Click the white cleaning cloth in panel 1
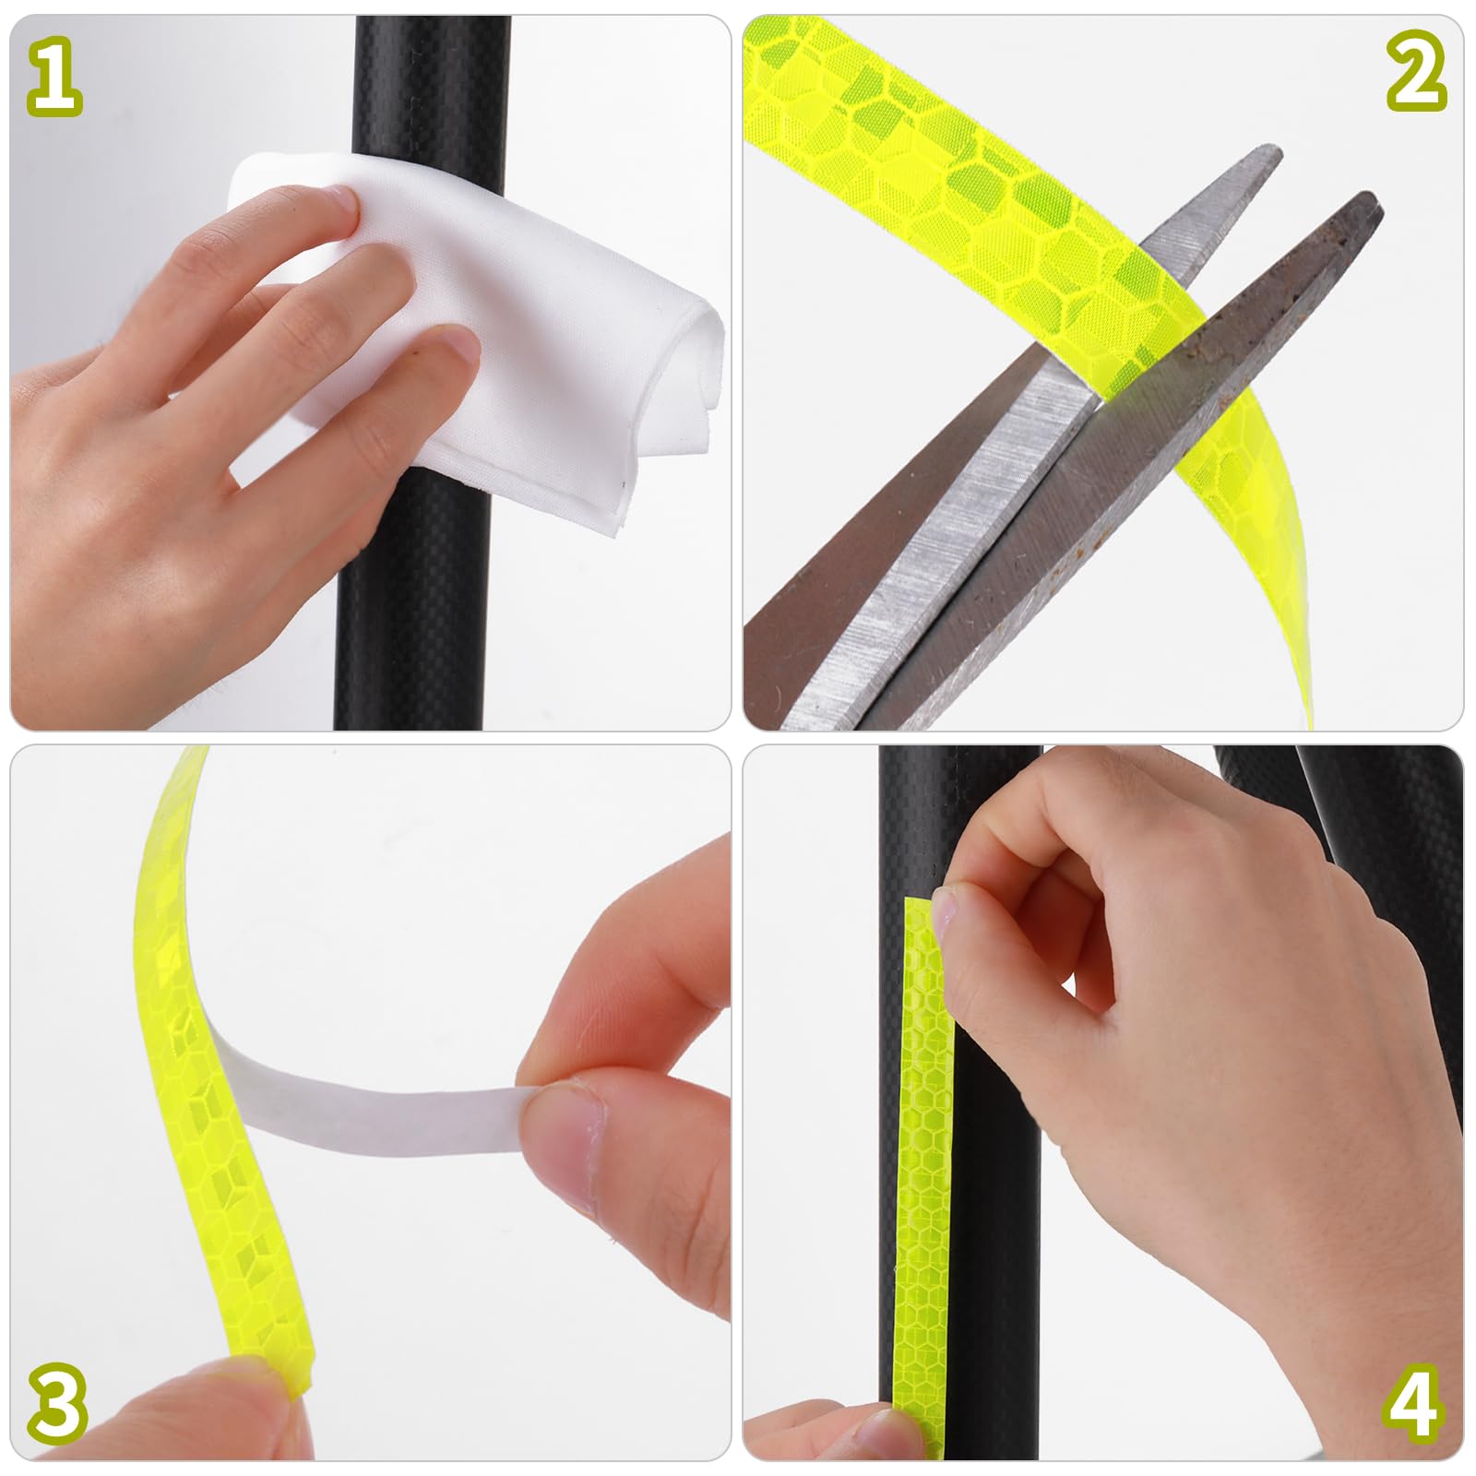click(517, 304)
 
